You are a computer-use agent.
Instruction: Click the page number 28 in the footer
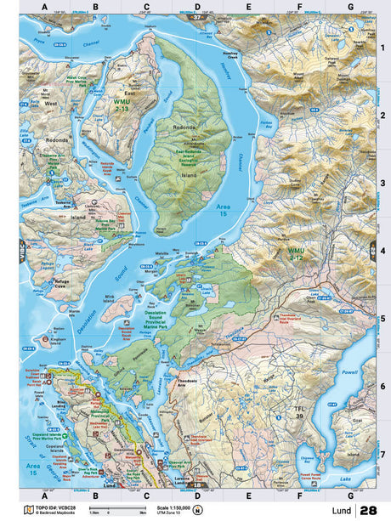point(368,511)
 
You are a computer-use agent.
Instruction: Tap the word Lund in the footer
point(342,512)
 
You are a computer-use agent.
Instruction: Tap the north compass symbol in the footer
point(197,511)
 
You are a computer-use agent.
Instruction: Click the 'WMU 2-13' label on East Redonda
point(122,105)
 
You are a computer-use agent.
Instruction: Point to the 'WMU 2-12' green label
point(298,253)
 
